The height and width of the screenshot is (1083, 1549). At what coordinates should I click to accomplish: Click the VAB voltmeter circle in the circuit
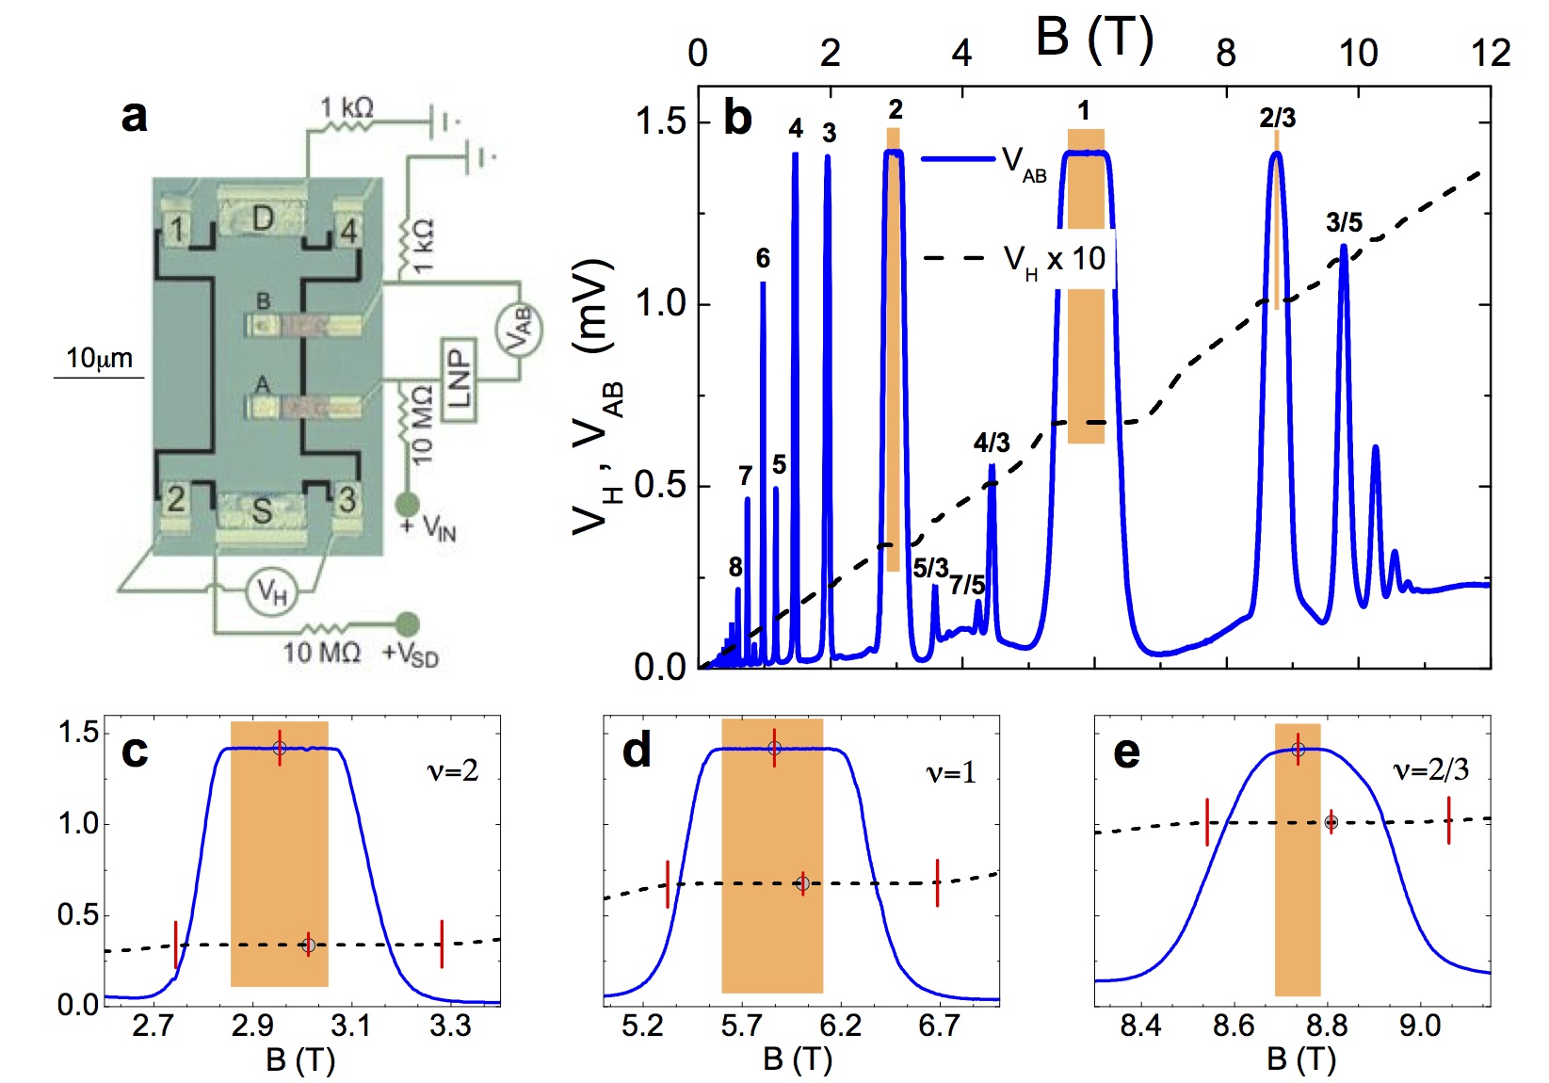pos(519,329)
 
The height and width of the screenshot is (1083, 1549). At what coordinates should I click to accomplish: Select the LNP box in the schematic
pos(459,377)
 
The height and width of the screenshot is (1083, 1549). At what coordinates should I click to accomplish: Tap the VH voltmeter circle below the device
pos(271,593)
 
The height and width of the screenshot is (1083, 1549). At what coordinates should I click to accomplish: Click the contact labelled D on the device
pos(262,219)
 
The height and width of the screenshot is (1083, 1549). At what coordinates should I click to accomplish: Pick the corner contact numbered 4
pos(348,230)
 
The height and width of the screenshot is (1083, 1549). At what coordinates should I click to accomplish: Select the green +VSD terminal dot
pos(407,623)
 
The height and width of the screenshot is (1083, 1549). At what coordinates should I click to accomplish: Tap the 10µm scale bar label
pos(99,359)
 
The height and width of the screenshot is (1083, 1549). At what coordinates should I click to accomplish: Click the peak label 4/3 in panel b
pos(992,443)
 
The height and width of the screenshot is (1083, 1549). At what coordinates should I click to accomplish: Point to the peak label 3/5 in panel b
pos(1344,223)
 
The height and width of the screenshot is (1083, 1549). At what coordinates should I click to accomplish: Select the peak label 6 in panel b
pos(763,258)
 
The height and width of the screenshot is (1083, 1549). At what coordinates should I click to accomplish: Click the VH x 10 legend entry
pos(1054,258)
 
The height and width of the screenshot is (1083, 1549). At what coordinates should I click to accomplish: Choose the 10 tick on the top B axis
pos(1358,54)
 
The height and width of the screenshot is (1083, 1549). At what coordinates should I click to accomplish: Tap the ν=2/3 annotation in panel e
pos(1430,771)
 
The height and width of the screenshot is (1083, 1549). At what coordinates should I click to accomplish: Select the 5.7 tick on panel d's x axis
pos(741,1026)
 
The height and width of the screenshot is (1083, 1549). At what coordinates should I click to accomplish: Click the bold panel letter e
pos(1126,752)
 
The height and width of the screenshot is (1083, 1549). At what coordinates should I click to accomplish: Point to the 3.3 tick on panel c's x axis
pos(450,1026)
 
